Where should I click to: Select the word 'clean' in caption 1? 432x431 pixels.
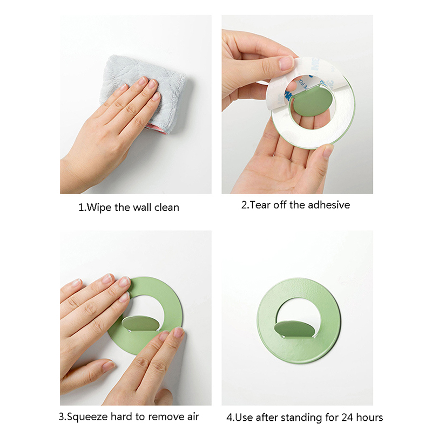point(167,207)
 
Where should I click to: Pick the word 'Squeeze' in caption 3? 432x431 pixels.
point(87,417)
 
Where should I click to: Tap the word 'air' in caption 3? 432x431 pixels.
point(193,416)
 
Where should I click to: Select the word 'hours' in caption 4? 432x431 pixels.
point(370,418)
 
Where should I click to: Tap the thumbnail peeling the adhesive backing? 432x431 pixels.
point(286,63)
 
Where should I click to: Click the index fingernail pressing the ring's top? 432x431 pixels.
point(125,281)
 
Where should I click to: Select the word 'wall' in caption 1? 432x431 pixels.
point(142,207)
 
